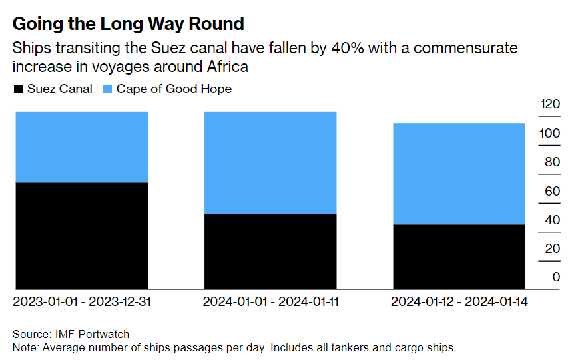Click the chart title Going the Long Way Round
(128, 24)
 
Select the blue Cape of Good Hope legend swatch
(107, 89)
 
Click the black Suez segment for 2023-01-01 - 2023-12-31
(81, 236)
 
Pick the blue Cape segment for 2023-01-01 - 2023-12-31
(81, 146)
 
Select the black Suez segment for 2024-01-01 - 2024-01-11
(270, 252)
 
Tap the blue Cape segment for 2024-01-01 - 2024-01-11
(270, 162)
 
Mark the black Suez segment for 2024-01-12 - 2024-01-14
(459, 257)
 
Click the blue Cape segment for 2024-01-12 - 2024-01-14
(459, 174)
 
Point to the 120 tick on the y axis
(551, 104)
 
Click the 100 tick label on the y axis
(551, 133)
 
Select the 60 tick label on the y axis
(552, 191)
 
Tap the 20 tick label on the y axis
(552, 248)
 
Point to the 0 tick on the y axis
(556, 277)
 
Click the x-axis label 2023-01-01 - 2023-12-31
(82, 301)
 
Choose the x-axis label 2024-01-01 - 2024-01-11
(270, 301)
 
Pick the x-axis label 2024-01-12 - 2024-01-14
(459, 301)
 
